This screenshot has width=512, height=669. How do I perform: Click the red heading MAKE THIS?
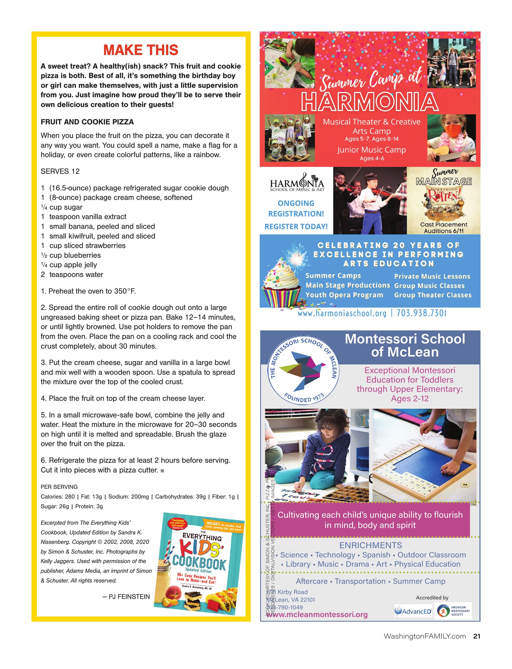[x=141, y=50]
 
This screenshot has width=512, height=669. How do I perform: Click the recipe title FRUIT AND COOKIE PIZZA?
[x=87, y=122]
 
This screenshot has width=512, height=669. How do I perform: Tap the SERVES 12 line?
[x=60, y=171]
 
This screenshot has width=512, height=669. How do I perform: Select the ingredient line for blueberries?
[x=71, y=255]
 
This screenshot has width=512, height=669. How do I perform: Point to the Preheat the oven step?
[x=88, y=291]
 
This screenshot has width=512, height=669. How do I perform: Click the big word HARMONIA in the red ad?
[x=370, y=102]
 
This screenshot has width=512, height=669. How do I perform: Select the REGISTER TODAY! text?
[x=296, y=226]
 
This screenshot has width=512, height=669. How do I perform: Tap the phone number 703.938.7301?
[x=421, y=313]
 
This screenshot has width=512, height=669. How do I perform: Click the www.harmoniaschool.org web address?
[x=342, y=313]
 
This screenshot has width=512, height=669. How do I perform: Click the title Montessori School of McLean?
[x=405, y=345]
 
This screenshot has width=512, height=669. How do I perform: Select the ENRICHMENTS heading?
[x=371, y=545]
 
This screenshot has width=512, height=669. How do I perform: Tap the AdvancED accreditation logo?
[x=413, y=611]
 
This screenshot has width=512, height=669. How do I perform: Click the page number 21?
[x=477, y=636]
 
